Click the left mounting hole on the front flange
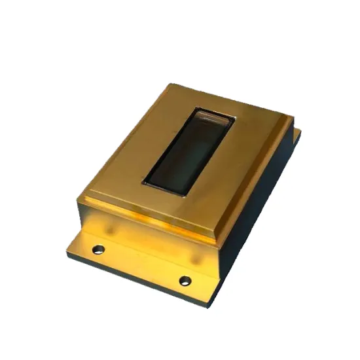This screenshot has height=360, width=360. [98, 249]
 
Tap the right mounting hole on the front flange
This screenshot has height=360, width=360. [185, 280]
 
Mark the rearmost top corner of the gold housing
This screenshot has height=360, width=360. [171, 84]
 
